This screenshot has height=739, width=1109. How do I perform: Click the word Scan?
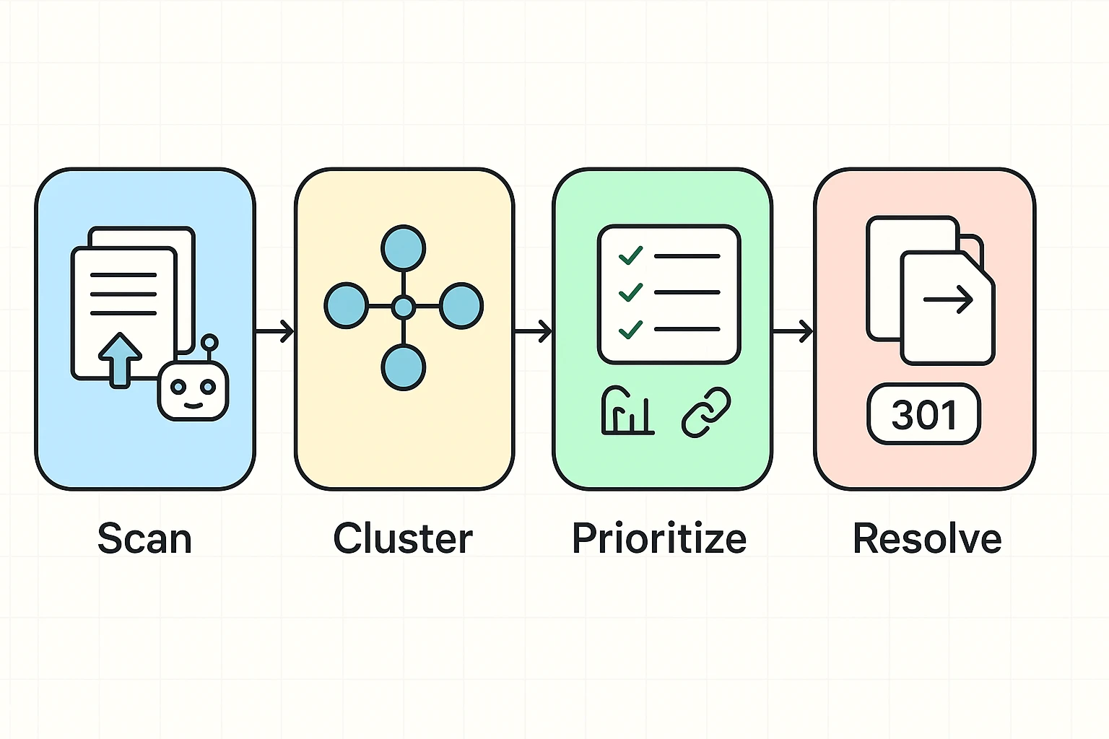coord(144,538)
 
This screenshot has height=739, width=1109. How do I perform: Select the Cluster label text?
coord(403,538)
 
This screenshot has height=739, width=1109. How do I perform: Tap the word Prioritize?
coord(659,538)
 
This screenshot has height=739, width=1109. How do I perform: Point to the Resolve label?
coord(927,538)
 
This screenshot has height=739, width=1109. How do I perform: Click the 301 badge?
coord(923,414)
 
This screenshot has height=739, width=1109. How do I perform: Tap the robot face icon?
coord(193,390)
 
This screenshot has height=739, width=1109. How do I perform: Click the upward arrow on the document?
coord(120,359)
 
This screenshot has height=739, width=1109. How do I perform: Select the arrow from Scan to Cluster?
coord(275,331)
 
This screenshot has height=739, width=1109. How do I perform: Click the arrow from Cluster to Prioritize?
coord(534,331)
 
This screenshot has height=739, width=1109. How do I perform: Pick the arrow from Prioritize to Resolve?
coord(793,331)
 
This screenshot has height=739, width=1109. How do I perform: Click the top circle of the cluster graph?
coord(403,248)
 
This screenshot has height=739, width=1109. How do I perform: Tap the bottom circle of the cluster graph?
coord(403,367)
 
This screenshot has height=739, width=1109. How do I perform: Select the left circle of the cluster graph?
coord(346,306)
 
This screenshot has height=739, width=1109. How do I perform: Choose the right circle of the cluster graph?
coord(461,306)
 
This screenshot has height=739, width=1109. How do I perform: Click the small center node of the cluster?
coord(403,307)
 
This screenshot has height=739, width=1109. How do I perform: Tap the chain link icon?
coord(706,412)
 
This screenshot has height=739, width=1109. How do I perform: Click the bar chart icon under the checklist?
coord(627,411)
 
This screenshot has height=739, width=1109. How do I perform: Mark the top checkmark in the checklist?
coord(630,255)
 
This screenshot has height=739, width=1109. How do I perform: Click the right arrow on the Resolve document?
coord(948,299)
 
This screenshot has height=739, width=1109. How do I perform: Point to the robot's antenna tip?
coord(209,342)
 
